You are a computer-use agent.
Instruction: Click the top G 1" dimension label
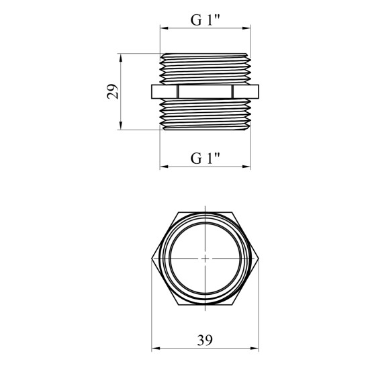(205, 20)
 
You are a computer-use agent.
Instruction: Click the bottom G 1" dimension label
(205, 158)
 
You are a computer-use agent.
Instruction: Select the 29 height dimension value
(113, 91)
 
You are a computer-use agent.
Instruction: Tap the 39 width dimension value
(205, 340)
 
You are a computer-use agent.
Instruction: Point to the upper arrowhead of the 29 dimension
(120, 58)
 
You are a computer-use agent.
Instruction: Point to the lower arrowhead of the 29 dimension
(120, 126)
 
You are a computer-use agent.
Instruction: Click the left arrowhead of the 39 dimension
(156, 349)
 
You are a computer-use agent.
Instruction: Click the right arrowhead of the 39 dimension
(255, 349)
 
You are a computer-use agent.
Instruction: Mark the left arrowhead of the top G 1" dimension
(164, 28)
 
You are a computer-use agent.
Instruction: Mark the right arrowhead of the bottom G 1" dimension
(246, 167)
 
